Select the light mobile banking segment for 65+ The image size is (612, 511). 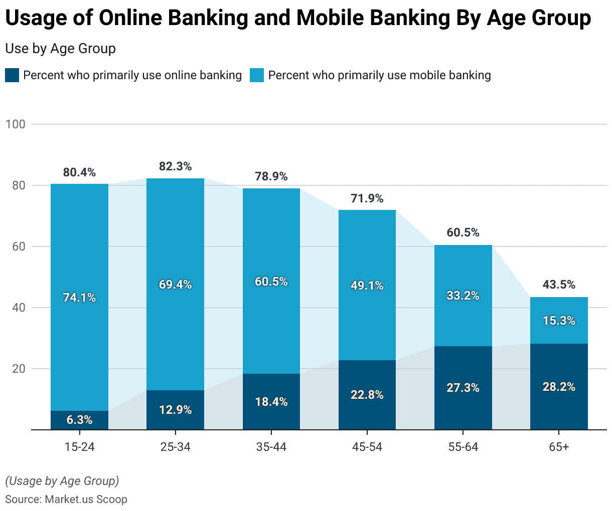click(559, 308)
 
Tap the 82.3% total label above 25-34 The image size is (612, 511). click(175, 166)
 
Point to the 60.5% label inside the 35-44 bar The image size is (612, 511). click(271, 282)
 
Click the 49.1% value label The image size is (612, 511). click(367, 286)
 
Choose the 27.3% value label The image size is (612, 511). click(463, 388)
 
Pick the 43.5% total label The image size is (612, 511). click(559, 285)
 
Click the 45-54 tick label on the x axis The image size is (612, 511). click(367, 447)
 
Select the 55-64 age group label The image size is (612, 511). click(463, 447)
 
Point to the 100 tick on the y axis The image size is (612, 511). click(15, 124)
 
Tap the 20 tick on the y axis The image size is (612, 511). click(19, 369)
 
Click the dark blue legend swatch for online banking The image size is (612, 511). click(12, 76)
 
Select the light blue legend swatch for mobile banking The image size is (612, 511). click(257, 76)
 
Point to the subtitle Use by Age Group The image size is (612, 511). click(60, 49)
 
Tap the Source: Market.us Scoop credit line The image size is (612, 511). click(66, 499)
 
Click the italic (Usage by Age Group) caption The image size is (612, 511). click(62, 481)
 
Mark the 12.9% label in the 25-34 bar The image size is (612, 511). click(175, 410)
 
